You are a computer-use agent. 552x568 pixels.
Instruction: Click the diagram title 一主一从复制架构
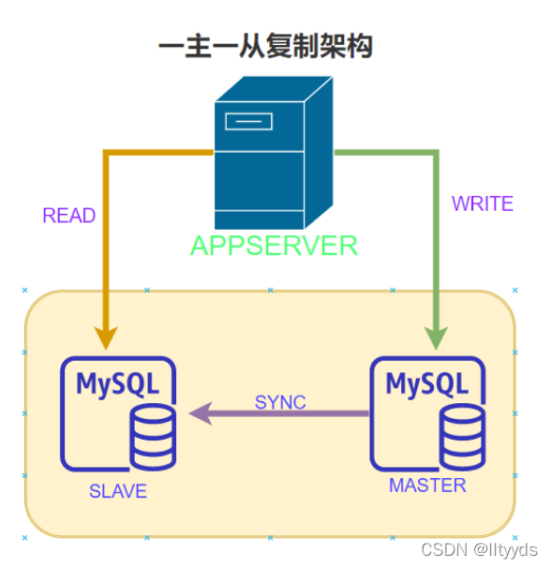(265, 46)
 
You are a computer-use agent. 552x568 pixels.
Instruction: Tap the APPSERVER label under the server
(274, 246)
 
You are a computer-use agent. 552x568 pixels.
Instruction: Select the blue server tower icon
(273, 154)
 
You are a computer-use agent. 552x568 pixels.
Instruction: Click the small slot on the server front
(248, 121)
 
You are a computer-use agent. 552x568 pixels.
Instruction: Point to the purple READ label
(68, 216)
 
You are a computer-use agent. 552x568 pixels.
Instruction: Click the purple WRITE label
(482, 203)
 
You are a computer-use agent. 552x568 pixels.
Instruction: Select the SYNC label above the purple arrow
(280, 402)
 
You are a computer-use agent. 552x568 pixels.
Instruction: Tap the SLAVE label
(118, 491)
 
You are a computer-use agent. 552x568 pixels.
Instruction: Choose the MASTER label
(427, 486)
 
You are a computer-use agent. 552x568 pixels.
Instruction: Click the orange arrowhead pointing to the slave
(107, 335)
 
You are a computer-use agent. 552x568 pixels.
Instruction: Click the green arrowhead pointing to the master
(436, 335)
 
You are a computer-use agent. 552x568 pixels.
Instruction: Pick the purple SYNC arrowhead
(200, 413)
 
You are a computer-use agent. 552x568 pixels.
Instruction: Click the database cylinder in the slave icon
(153, 438)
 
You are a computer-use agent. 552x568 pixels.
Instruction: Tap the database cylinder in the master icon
(463, 438)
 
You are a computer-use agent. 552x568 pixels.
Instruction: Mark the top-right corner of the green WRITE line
(435, 152)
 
